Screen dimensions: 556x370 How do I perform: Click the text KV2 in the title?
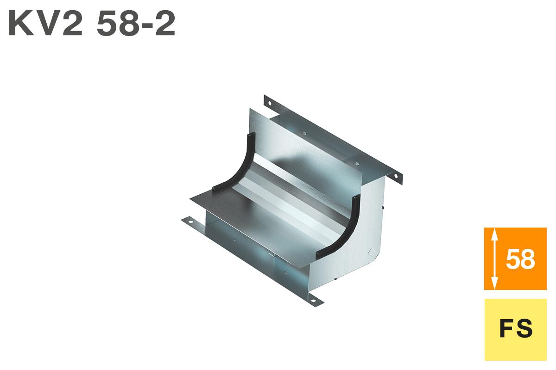(x=45, y=24)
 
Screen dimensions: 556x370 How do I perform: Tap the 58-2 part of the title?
(x=136, y=24)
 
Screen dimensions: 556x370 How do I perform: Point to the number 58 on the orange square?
(x=520, y=259)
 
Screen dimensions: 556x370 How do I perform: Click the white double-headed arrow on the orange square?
(x=495, y=259)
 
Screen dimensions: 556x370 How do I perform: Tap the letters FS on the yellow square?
(x=516, y=329)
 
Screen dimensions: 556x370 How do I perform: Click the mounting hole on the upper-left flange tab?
(x=270, y=103)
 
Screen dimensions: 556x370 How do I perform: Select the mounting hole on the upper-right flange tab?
(x=396, y=176)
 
